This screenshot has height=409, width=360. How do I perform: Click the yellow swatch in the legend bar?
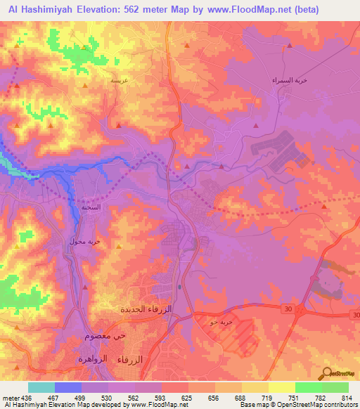(x=281, y=388)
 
